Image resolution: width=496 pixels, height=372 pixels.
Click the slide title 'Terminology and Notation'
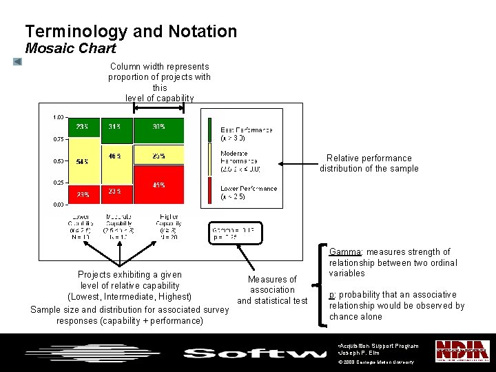tap(131, 32)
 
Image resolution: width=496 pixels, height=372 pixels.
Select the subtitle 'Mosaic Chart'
tap(70, 49)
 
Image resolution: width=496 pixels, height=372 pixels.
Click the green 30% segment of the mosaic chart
tap(159, 130)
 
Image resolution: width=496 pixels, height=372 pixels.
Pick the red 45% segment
tap(159, 185)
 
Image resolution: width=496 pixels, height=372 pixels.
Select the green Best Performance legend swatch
tap(211, 130)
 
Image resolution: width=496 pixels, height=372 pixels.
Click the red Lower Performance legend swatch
tap(211, 190)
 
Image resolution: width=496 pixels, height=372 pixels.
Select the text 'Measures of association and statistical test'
tap(272, 290)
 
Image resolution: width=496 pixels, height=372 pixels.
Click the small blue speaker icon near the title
tap(17, 62)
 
